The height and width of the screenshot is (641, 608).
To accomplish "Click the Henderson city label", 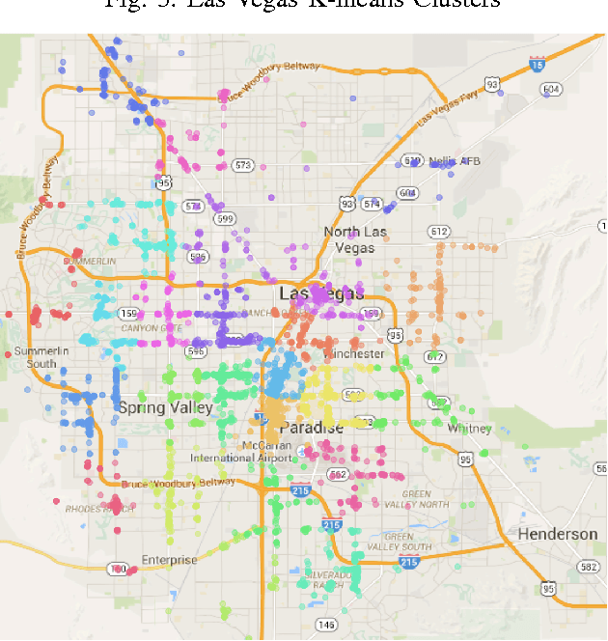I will [558, 534].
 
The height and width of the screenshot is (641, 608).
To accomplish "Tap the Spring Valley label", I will [165, 407].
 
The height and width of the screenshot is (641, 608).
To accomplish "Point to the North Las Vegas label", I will [354, 239].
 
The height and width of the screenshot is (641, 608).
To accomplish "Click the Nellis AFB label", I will [454, 161].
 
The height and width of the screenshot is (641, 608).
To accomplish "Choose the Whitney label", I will [470, 429].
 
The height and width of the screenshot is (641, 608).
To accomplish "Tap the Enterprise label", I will [169, 560].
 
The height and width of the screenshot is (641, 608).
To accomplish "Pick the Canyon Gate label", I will [151, 328].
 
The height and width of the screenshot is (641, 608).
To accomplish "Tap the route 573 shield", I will [242, 165].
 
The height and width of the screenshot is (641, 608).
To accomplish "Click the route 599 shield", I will [225, 219].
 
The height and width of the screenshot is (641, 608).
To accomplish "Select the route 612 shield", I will [440, 231].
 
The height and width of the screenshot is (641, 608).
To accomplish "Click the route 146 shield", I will [326, 625].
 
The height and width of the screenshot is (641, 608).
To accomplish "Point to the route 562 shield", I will [338, 474].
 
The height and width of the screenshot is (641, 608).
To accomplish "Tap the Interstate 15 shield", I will [537, 65].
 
